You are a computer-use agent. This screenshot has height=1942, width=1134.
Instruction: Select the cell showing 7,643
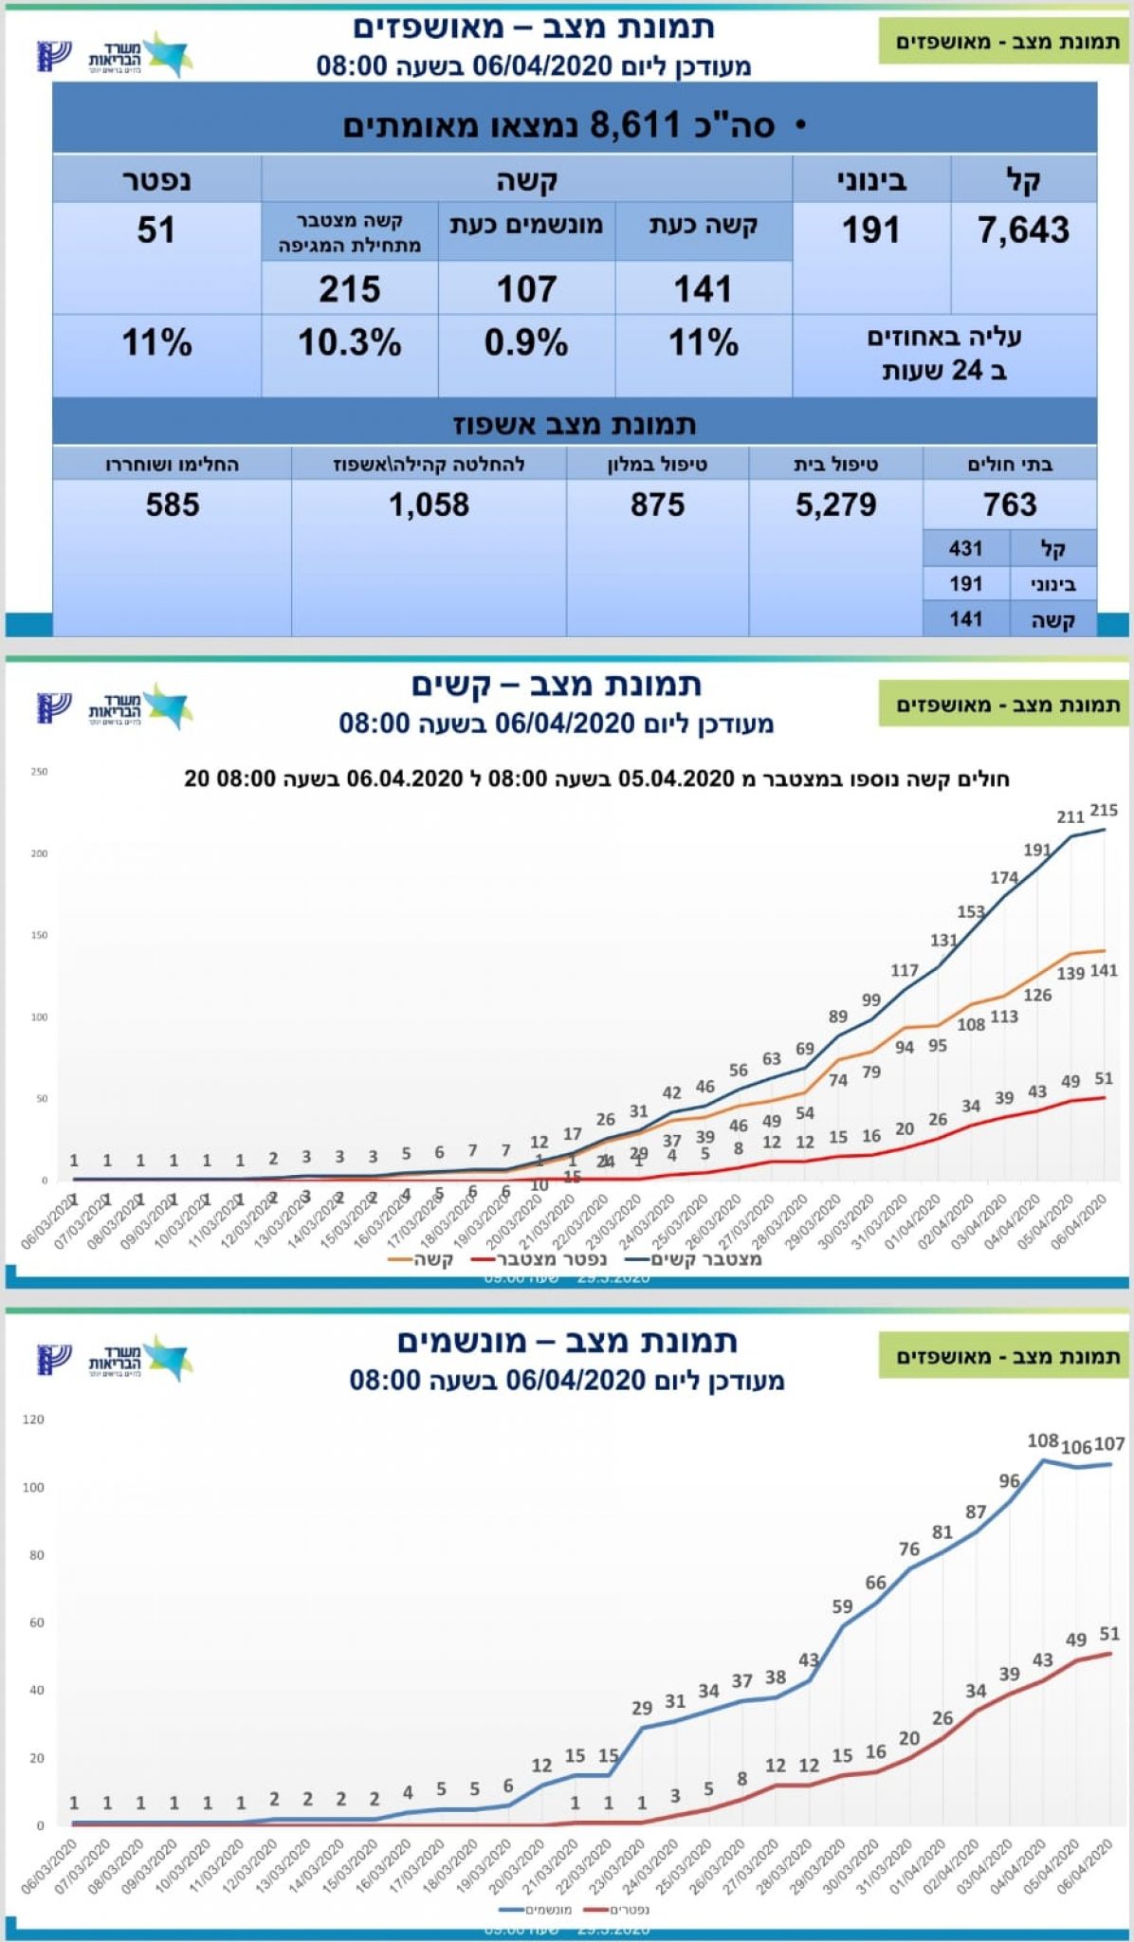click(1023, 230)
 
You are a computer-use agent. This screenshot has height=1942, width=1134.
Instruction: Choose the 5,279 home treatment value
click(835, 504)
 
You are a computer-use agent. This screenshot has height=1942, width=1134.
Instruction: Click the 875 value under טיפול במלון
click(657, 504)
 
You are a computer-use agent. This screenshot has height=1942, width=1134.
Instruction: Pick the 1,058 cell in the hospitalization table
click(429, 504)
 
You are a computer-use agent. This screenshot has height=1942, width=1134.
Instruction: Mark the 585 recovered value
click(173, 504)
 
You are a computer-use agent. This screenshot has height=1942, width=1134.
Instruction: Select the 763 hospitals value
click(1010, 504)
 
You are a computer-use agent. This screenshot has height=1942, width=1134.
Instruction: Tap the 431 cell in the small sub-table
click(965, 548)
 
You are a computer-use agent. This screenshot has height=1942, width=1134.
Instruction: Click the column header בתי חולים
click(1010, 465)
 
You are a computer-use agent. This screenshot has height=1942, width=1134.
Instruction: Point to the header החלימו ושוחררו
click(172, 465)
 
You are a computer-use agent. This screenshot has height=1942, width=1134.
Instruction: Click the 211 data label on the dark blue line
click(1070, 816)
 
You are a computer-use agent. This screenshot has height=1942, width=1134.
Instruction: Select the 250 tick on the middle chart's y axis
click(39, 772)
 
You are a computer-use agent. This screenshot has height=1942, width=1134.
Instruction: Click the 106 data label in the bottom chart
click(1075, 1448)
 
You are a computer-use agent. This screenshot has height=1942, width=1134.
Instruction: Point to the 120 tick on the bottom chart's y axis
click(33, 1420)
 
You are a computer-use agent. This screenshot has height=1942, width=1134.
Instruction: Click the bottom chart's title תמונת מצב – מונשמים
click(567, 1341)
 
